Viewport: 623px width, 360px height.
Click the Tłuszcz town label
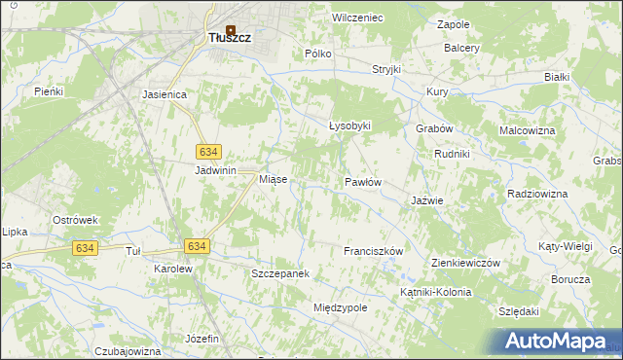coord(231,38)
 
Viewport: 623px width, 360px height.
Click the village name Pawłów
coord(363,182)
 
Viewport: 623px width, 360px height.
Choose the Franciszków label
coord(373,251)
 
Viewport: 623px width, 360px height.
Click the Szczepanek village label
coord(280,274)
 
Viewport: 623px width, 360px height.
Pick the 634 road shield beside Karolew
coord(196,247)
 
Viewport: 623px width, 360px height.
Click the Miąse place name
coord(272,180)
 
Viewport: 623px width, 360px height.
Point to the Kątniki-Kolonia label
coord(435,292)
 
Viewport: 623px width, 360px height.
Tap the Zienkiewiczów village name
coord(465,264)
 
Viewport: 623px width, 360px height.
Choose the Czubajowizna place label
coord(128,351)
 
